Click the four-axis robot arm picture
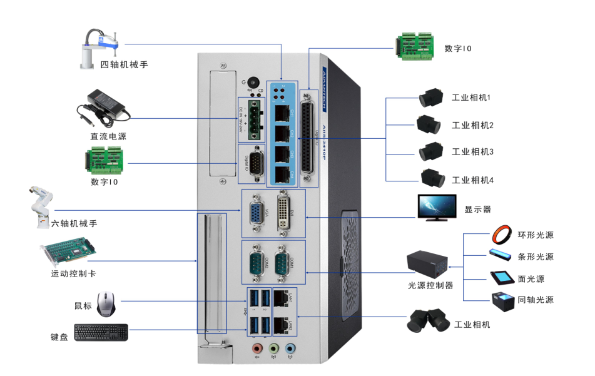coord(100,48)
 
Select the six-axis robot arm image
coord(40,205)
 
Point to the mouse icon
coord(106,303)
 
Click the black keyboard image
coord(101,332)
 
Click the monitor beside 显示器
coord(437,208)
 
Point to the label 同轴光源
coord(536,300)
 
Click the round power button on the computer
coord(253,83)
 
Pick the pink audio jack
coord(256,348)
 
